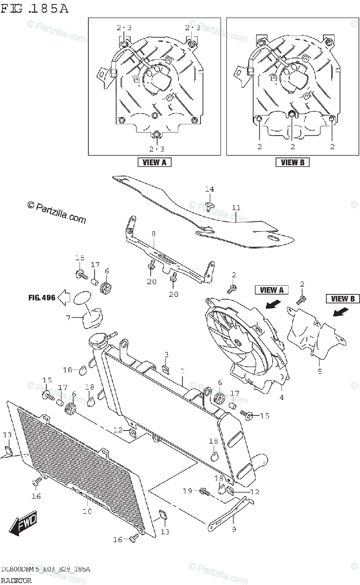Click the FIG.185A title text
click(x=35, y=8)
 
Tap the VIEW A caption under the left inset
click(x=154, y=162)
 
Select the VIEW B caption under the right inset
click(x=293, y=162)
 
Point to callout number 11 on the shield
click(x=236, y=208)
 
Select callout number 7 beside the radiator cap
click(x=69, y=318)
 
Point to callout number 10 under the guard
click(x=87, y=511)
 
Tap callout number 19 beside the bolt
click(x=188, y=491)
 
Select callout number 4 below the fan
click(x=281, y=397)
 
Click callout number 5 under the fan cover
click(x=320, y=371)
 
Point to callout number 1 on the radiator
click(x=182, y=371)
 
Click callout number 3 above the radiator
click(x=166, y=354)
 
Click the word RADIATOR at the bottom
click(x=17, y=580)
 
